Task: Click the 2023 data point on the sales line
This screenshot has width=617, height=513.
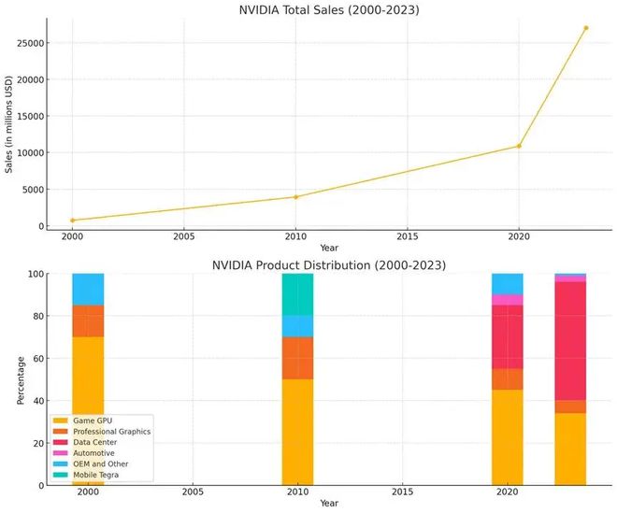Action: click(x=585, y=28)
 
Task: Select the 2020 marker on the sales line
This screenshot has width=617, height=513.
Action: click(x=519, y=146)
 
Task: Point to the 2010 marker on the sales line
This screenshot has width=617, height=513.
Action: click(x=295, y=197)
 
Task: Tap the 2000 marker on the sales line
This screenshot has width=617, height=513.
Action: click(x=72, y=221)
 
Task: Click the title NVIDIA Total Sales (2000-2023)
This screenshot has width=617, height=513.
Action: click(x=329, y=9)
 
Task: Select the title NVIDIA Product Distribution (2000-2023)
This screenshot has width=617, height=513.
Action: click(x=329, y=265)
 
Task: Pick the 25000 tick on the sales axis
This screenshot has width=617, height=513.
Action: click(x=30, y=43)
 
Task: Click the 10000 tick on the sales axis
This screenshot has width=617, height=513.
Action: click(x=30, y=152)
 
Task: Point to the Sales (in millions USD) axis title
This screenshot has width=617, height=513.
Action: click(x=8, y=124)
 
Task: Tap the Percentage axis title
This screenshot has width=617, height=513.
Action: click(x=21, y=380)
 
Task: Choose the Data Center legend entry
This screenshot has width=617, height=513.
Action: click(x=85, y=442)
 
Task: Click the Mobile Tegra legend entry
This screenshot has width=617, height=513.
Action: click(x=86, y=475)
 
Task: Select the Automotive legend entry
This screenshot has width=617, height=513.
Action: click(x=84, y=453)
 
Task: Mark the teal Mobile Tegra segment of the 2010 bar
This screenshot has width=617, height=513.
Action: click(x=298, y=294)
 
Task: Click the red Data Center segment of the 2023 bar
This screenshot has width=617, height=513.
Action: click(x=570, y=341)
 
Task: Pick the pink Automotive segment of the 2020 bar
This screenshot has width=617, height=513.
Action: click(x=508, y=300)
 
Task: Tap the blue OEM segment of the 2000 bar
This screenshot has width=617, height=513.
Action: click(x=88, y=289)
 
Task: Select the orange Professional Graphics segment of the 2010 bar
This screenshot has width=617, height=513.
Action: click(x=298, y=358)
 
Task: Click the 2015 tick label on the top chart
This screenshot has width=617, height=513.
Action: click(x=408, y=236)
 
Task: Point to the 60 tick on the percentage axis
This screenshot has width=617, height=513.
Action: click(x=37, y=359)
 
